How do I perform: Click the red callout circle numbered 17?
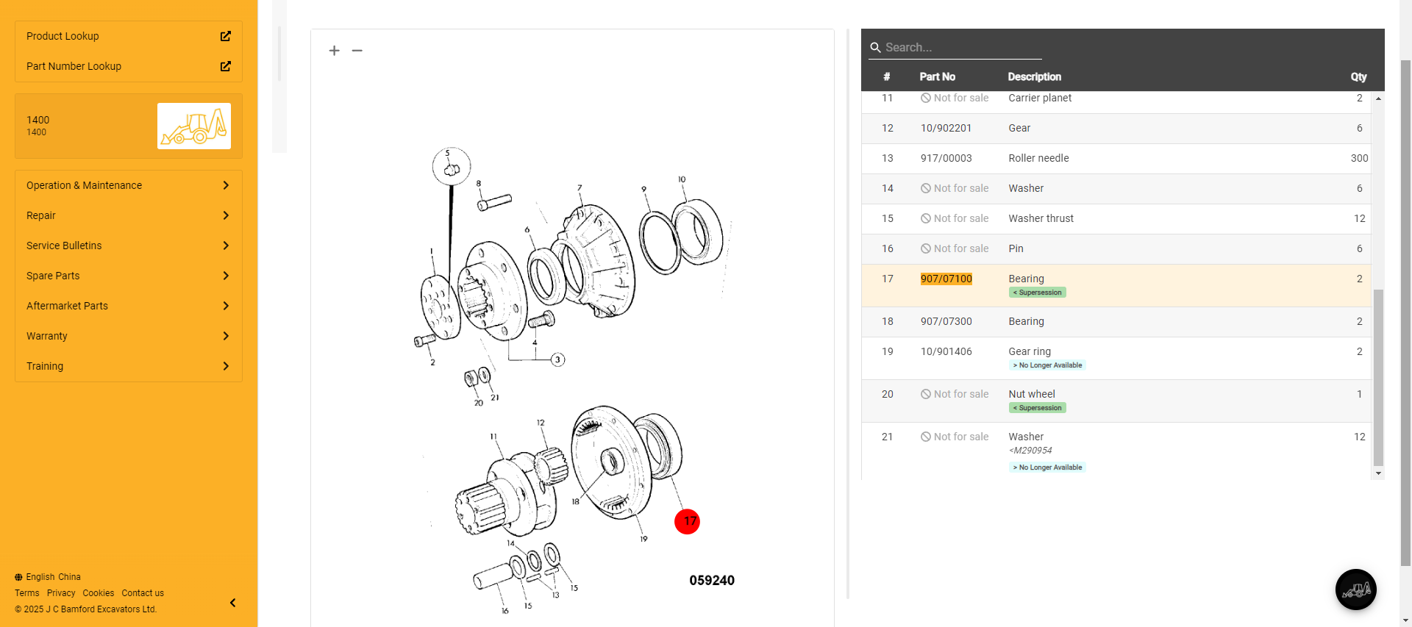687,522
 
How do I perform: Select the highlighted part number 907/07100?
946,279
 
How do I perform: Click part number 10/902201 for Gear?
946,128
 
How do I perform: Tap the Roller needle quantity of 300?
1359,158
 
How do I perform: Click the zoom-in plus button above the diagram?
335,51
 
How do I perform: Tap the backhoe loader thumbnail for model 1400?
194,126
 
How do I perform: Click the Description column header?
1034,76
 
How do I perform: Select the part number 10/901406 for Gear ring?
946,351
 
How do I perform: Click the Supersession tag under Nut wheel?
1037,408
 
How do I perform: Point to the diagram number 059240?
712,581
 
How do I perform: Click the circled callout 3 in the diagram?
558,359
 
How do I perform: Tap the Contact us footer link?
143,593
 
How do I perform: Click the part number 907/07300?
946,321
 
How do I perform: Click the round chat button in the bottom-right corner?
1355,590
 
